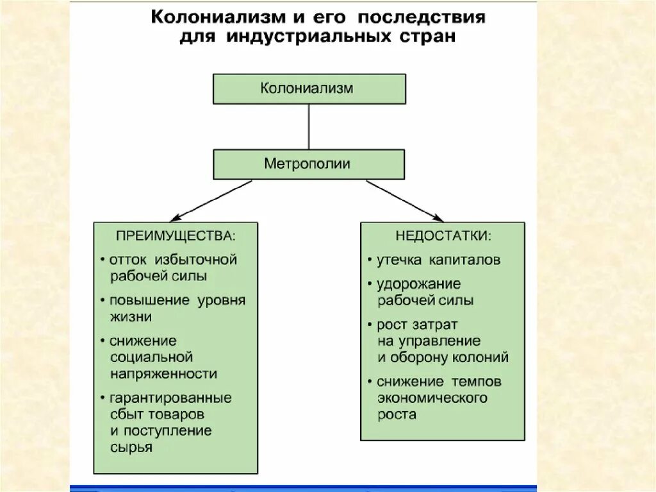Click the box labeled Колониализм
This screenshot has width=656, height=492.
[309, 89]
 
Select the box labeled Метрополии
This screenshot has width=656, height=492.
[309, 164]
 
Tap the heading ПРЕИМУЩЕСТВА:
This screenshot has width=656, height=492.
[176, 235]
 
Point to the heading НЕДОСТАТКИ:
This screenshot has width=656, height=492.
[443, 235]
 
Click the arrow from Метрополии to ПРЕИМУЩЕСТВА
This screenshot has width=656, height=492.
[211, 201]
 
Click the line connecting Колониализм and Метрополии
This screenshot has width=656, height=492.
[309, 126]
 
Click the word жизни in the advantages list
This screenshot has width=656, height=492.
[131, 316]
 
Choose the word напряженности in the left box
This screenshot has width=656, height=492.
[163, 373]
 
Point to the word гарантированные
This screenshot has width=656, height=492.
[170, 398]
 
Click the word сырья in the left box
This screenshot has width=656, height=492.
[131, 447]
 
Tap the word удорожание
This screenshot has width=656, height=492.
[419, 284]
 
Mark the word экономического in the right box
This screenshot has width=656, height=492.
[432, 398]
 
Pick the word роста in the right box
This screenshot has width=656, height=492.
[397, 414]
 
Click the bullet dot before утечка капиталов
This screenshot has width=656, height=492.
[370, 260]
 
